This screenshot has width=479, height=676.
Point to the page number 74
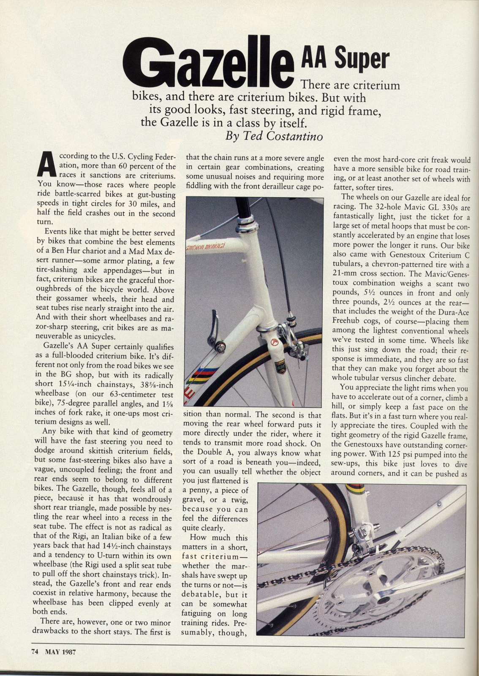tap(35, 651)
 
